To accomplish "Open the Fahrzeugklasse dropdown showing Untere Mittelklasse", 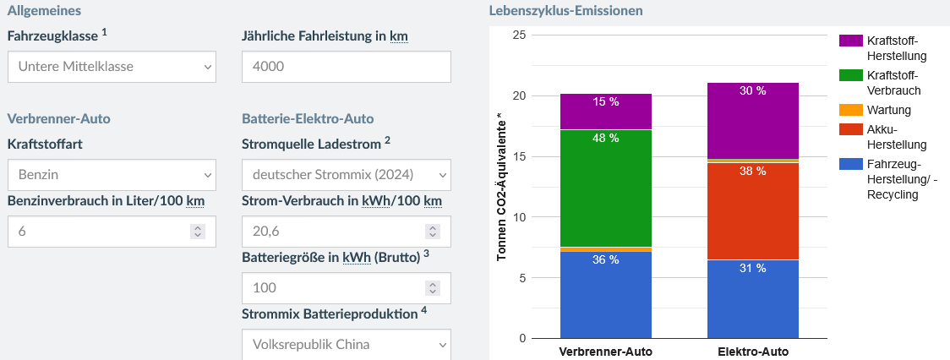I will click(112, 67).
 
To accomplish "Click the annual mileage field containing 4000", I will click(346, 67).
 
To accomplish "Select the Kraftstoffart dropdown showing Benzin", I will click(112, 175).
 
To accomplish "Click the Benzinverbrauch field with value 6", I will click(112, 231).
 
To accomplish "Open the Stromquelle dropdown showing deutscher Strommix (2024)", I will click(346, 175).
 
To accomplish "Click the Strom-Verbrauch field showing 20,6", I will click(346, 231).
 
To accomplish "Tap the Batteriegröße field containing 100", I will click(346, 287).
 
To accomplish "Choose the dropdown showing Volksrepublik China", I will click(346, 344).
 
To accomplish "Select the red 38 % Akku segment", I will click(753, 210).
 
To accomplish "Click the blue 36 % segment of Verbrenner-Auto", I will click(606, 295).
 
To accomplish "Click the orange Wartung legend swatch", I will click(851, 110).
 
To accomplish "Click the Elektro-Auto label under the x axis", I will click(753, 351).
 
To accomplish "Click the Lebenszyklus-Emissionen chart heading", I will click(565, 11).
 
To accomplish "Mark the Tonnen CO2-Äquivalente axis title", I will click(501, 187).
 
